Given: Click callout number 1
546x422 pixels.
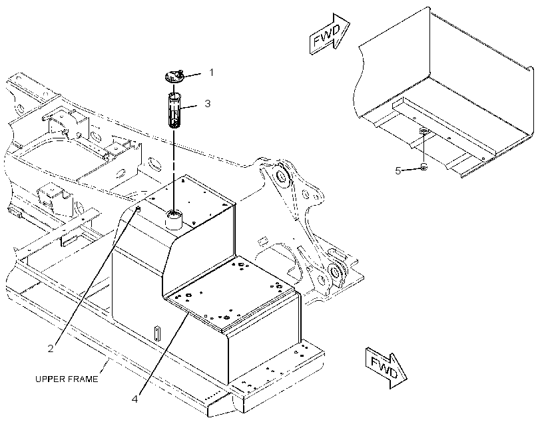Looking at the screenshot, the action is pyautogui.click(x=211, y=73).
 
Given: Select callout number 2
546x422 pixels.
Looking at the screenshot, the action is pyautogui.click(x=51, y=349).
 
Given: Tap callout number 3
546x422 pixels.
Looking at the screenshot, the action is pyautogui.click(x=208, y=103).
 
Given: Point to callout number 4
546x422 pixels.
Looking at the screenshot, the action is pyautogui.click(x=135, y=399).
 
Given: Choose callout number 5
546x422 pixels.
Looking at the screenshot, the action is pyautogui.click(x=398, y=170).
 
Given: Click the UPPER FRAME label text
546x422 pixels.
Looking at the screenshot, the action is pyautogui.click(x=67, y=379).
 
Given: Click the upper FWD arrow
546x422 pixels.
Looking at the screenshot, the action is pyautogui.click(x=330, y=34).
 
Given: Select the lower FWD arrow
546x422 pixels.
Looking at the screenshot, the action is pyautogui.click(x=386, y=367).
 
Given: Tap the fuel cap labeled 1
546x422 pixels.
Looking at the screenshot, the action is pyautogui.click(x=174, y=77).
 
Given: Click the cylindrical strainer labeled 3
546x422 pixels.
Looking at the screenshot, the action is pyautogui.click(x=174, y=110).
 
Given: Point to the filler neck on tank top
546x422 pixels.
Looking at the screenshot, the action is pyautogui.click(x=173, y=220).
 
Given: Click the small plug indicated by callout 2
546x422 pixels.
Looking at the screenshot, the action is pyautogui.click(x=138, y=209).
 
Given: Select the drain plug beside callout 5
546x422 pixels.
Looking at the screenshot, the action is pyautogui.click(x=423, y=167).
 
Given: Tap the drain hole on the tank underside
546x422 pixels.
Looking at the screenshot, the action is pyautogui.click(x=423, y=131).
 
